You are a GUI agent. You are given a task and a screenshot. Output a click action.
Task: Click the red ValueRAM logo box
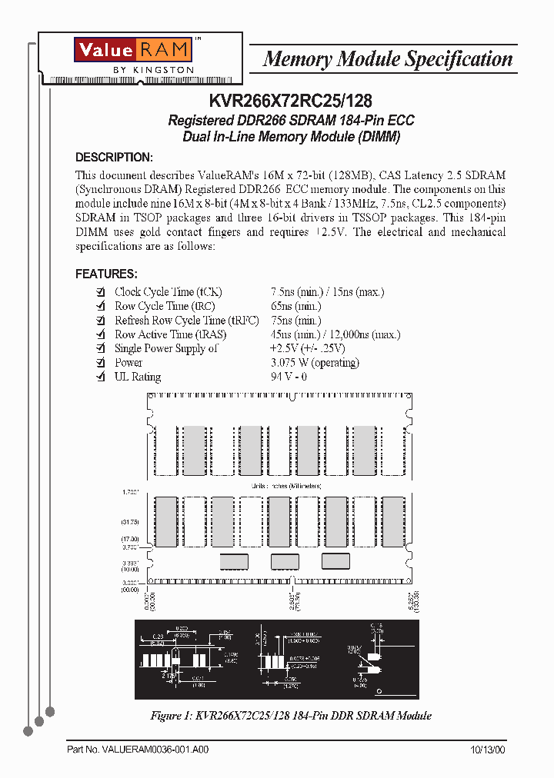coord(132,50)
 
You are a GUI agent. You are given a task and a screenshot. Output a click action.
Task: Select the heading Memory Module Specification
coord(388,59)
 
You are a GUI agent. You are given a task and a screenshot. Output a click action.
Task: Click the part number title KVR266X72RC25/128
coord(291,100)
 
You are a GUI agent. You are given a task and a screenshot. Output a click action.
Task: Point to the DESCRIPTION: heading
coord(114,157)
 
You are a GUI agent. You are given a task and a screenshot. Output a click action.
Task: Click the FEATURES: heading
coord(106,274)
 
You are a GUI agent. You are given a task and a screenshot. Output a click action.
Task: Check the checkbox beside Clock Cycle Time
coord(100,292)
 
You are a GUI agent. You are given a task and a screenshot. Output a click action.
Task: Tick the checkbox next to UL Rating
coord(100,377)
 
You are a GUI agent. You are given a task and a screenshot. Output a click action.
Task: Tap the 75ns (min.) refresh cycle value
coord(295,320)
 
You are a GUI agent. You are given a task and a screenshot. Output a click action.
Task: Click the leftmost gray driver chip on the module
coord(235,561)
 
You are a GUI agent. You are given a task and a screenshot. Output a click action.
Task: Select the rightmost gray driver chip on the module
coord(335,560)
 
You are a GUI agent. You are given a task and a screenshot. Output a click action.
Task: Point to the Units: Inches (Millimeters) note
coord(287,487)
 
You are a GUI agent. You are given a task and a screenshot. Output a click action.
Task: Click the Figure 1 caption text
coord(290,716)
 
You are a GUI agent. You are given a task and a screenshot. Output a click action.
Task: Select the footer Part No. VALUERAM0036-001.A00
coord(138,750)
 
